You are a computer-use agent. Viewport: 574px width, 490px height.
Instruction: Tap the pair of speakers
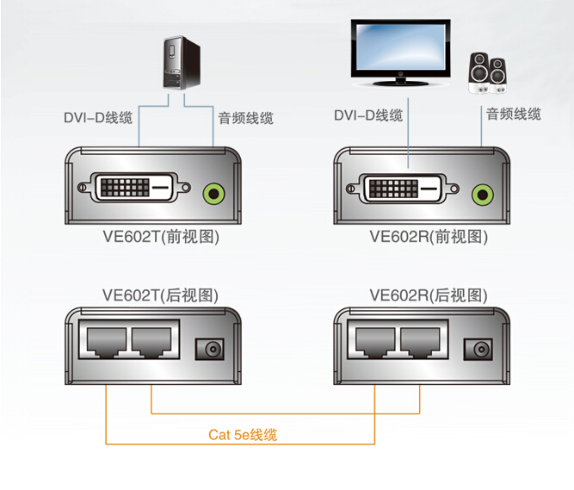(x=489, y=73)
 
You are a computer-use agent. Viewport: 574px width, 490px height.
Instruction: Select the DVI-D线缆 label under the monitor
(x=367, y=115)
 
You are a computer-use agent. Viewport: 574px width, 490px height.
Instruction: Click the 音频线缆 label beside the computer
(x=245, y=117)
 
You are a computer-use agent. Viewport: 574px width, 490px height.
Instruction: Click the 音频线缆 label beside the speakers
(x=513, y=114)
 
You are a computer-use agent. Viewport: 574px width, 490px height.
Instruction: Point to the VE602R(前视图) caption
(x=429, y=236)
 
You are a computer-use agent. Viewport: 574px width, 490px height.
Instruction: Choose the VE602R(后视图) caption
(x=429, y=295)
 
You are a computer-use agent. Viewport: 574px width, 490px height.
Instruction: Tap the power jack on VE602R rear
(x=477, y=349)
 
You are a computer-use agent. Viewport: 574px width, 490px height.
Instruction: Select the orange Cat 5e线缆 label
(x=242, y=435)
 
